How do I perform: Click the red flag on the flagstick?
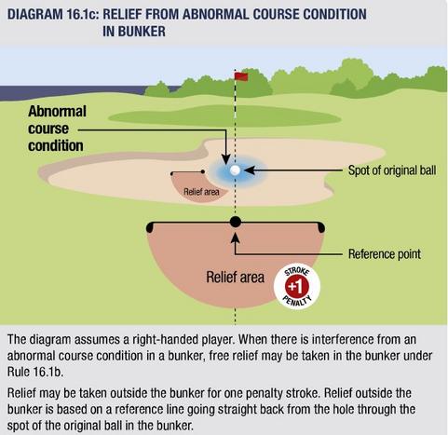tap(241, 76)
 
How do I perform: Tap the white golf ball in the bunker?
tap(235, 170)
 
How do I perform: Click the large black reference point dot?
tap(236, 222)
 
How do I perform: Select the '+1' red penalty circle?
tap(297, 287)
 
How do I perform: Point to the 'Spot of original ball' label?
tap(392, 170)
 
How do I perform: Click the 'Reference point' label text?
tap(385, 254)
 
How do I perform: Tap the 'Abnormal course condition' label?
tap(57, 129)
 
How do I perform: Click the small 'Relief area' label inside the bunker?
tap(201, 192)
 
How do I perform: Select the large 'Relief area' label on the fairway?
tap(235, 277)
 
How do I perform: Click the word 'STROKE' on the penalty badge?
tap(297, 271)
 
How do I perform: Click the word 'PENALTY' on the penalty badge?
tap(297, 302)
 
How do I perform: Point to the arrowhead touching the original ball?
tap(250, 170)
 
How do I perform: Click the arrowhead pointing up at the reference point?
tap(236, 238)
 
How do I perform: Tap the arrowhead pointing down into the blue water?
tap(226, 159)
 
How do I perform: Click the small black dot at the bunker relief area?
tap(203, 171)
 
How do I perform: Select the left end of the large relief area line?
tap(150, 227)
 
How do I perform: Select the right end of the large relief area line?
tap(321, 227)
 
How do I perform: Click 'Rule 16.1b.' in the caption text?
tap(35, 372)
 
